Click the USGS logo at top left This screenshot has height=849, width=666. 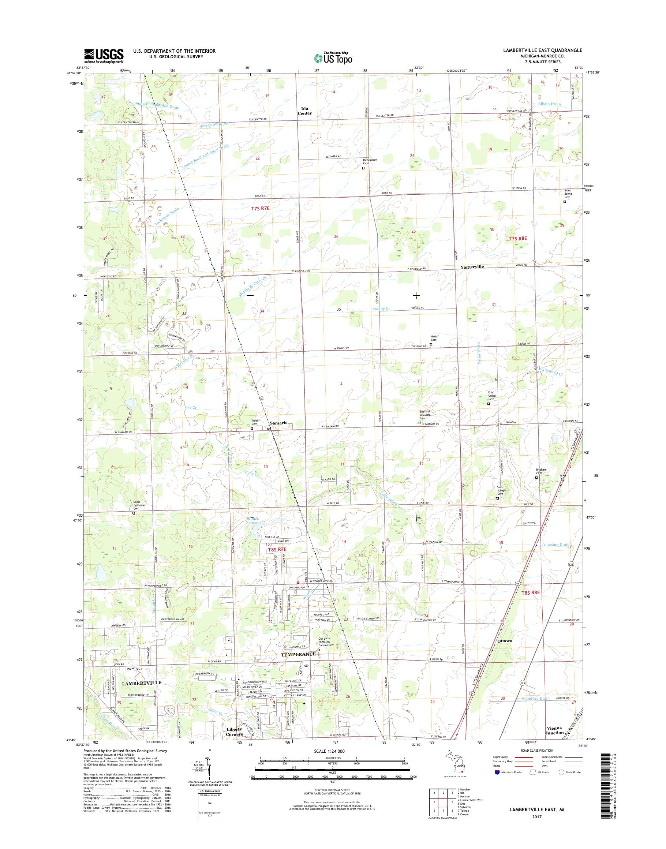tap(104, 56)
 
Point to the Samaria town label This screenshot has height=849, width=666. tap(279, 423)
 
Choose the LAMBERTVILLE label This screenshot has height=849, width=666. tap(141, 683)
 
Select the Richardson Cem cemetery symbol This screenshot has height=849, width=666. tap(363, 168)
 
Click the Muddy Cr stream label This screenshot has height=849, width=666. tap(381, 308)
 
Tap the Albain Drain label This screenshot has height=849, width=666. tap(550, 104)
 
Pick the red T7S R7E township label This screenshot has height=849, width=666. tap(260, 209)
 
